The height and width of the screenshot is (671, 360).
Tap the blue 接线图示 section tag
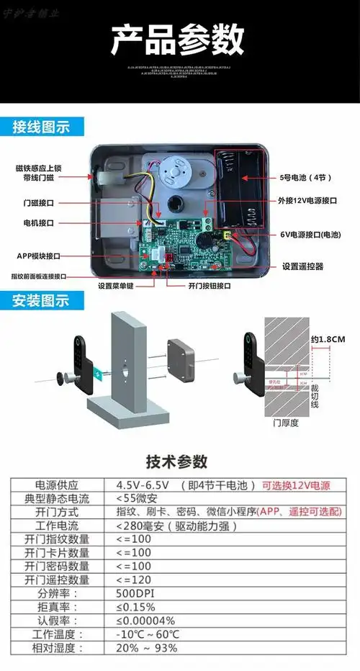42,127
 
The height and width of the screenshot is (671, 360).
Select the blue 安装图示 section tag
41,301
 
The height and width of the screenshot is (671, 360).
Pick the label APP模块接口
39,256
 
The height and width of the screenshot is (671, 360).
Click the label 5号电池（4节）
306,177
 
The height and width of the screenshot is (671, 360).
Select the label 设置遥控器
302,266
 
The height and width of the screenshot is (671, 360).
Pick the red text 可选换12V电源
296,486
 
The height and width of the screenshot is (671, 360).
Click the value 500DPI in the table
136,594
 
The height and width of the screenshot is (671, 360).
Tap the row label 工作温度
58,634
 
